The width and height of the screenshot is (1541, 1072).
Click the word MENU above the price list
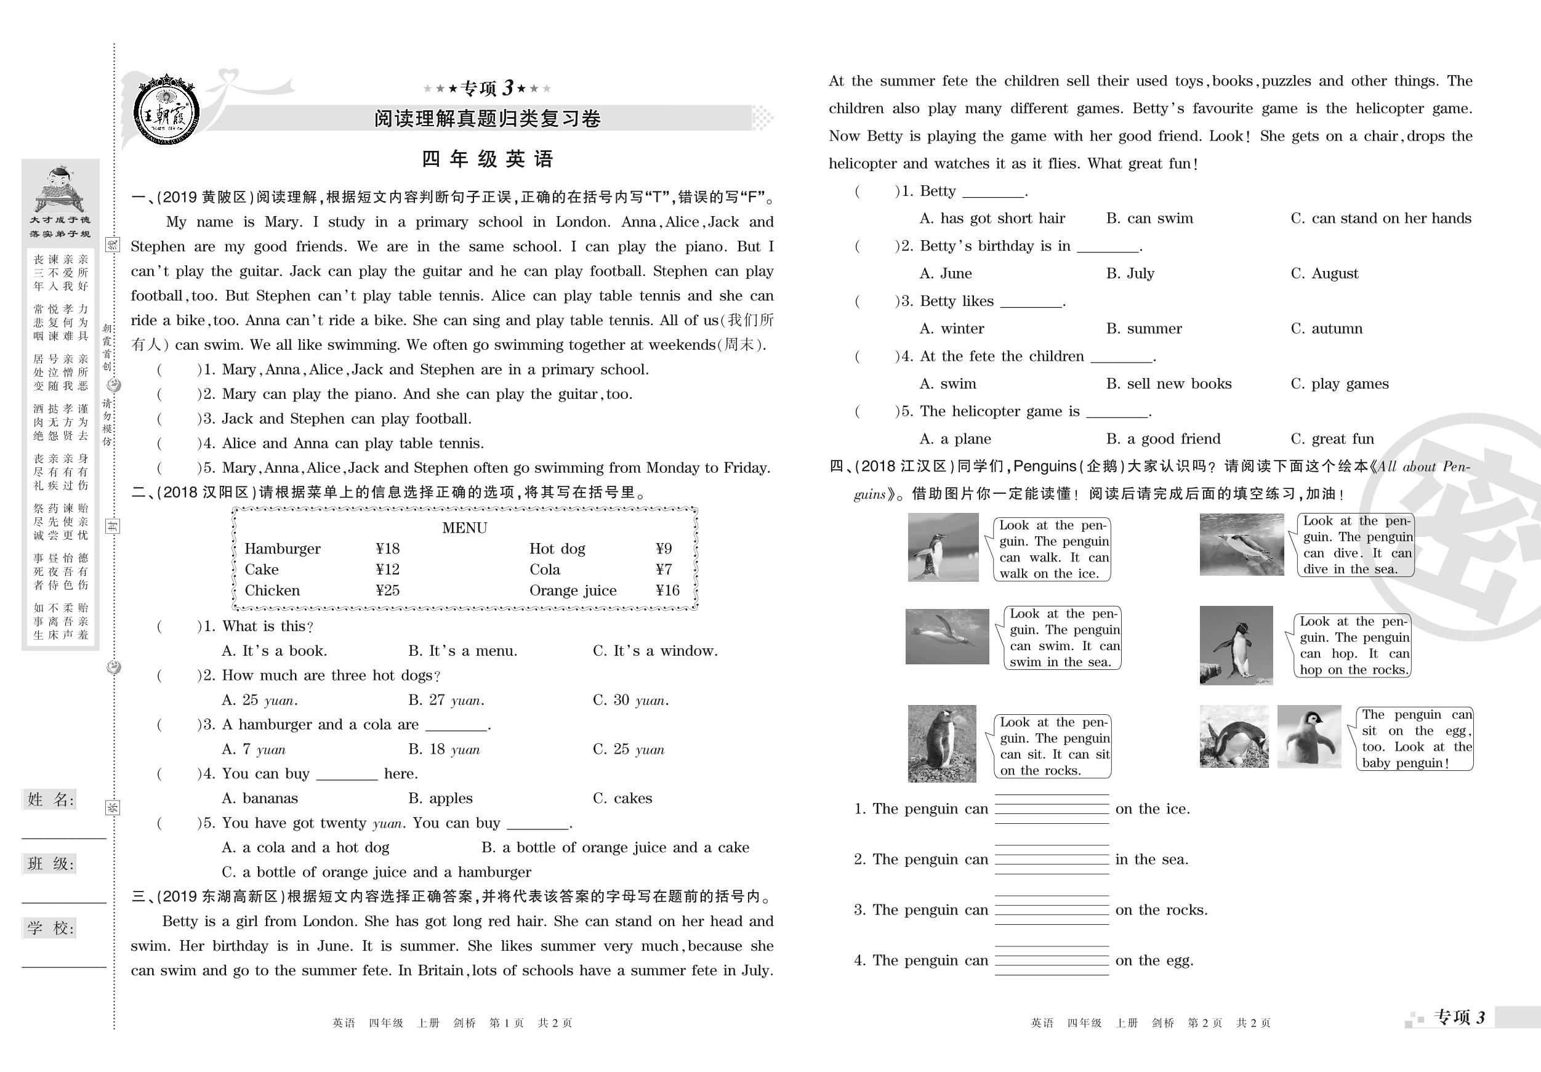tap(464, 528)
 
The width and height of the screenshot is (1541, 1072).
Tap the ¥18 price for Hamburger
tap(387, 549)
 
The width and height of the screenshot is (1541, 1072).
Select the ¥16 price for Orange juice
tap(667, 590)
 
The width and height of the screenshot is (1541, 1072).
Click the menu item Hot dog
tap(557, 549)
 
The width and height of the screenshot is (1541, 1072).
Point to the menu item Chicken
tap(272, 590)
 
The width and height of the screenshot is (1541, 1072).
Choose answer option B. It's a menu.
tap(462, 651)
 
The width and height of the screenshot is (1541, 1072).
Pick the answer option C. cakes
tap(622, 799)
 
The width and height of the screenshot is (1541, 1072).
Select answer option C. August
tap(1324, 274)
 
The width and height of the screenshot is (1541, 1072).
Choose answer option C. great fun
tap(1332, 439)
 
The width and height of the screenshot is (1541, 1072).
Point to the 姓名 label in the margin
tap(50, 799)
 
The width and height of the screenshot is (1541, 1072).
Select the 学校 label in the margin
tap(50, 929)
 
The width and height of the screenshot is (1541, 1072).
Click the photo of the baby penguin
tap(1308, 736)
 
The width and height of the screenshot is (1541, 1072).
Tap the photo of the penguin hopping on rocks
tap(1236, 645)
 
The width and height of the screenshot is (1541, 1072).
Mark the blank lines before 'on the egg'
tap(1051, 961)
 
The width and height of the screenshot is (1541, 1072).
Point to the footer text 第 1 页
tap(507, 1023)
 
